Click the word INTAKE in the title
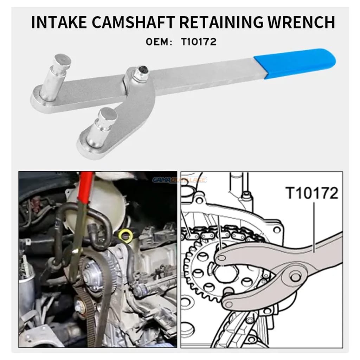point(59,22)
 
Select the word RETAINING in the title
point(221,22)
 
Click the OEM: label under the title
point(159,42)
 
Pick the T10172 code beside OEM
point(199,42)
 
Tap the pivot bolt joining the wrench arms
point(141,73)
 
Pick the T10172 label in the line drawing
point(312,193)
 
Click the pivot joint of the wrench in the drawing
point(295,277)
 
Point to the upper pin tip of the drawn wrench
point(221,258)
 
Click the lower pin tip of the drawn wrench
point(229,305)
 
